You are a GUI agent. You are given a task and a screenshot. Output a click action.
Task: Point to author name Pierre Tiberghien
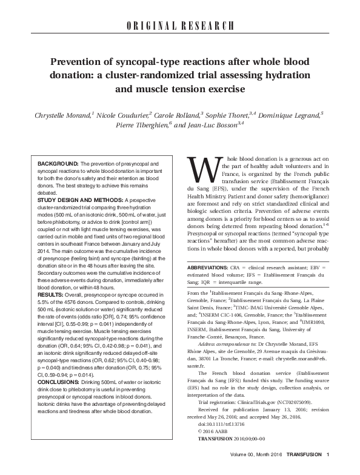136,126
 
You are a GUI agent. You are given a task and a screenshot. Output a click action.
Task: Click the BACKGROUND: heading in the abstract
58,164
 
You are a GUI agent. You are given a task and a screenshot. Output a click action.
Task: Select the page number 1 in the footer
327,471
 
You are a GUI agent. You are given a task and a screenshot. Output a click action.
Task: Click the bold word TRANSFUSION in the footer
303,471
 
